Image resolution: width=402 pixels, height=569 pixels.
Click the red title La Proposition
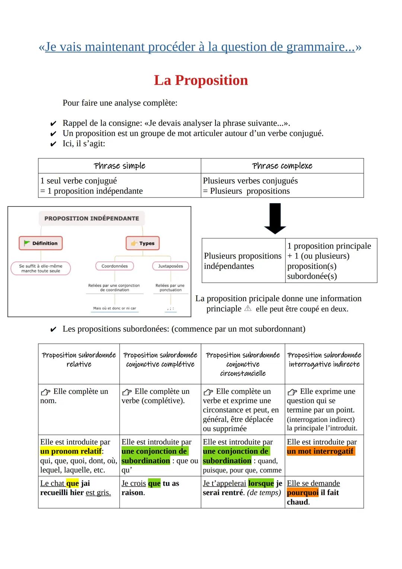point(201,80)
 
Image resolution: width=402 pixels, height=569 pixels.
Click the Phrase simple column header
point(119,166)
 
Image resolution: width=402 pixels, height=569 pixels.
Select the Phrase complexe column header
point(282,166)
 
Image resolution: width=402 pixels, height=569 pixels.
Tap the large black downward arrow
point(275,218)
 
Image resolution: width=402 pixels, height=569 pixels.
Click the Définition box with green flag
point(41,243)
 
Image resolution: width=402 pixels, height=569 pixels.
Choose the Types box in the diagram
point(143,243)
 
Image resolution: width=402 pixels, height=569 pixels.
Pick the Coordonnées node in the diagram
point(115,266)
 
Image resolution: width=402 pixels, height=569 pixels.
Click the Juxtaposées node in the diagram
point(170,266)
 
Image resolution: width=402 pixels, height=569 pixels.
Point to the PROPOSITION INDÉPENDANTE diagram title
point(92,218)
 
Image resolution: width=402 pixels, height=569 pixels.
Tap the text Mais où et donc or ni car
point(114,308)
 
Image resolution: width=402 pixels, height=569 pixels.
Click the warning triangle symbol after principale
point(248,309)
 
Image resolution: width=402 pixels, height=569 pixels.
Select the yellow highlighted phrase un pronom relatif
point(71,451)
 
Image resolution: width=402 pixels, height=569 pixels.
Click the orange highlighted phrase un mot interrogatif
point(320,451)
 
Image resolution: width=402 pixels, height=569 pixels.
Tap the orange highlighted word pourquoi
point(303,493)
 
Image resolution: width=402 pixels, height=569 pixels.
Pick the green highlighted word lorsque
point(261,483)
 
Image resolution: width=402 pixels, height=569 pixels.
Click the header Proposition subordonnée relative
point(79,360)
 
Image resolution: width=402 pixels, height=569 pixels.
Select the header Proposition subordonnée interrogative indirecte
point(324,360)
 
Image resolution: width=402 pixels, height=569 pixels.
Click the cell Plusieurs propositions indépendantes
point(243,261)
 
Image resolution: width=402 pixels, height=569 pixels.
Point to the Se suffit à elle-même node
point(41,268)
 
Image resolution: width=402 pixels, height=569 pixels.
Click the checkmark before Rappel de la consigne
point(54,124)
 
